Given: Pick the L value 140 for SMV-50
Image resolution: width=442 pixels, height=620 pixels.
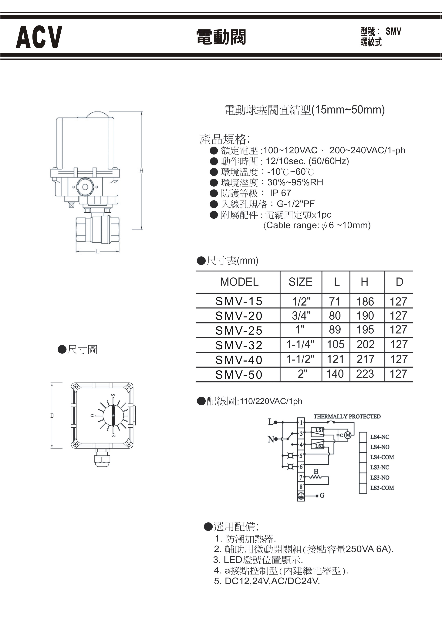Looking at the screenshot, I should click(335, 374).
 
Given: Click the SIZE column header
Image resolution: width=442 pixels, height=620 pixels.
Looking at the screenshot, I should click(300, 282).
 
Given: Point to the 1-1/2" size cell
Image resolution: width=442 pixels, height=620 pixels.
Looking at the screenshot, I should click(300, 359).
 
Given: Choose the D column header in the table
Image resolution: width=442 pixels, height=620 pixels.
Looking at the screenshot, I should click(399, 282).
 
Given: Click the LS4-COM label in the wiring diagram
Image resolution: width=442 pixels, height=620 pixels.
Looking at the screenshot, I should click(382, 457).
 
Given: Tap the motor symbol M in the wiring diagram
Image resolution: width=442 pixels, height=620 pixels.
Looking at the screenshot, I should click(348, 435).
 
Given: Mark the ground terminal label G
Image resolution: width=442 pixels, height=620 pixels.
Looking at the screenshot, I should click(322, 496).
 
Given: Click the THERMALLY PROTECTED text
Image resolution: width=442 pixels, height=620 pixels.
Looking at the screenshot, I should click(347, 416).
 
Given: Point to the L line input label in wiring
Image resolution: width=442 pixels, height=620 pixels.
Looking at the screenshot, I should click(271, 422).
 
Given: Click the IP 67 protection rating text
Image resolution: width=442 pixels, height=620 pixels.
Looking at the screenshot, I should click(280, 193).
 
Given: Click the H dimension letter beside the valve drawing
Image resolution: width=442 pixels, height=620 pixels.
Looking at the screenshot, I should click(141, 171).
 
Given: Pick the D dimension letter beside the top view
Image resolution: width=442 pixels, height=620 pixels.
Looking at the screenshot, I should click(52, 416).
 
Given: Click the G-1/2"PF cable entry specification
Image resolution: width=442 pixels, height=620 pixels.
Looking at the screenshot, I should click(295, 204).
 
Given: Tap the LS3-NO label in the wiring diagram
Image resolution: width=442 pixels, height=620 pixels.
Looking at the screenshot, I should click(380, 478).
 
